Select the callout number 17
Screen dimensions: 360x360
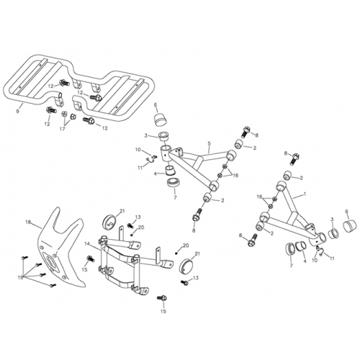pos(63,130)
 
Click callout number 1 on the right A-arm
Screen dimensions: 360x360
pos(305,194)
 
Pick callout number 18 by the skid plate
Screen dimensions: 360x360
pos(30,224)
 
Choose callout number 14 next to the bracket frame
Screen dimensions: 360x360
pos(86,245)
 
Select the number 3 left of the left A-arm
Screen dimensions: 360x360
pos(145,135)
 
